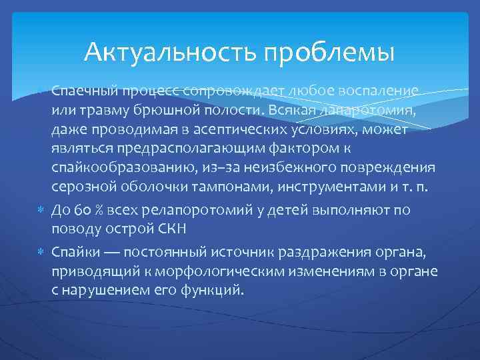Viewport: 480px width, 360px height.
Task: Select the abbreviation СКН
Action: click(x=175, y=229)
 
